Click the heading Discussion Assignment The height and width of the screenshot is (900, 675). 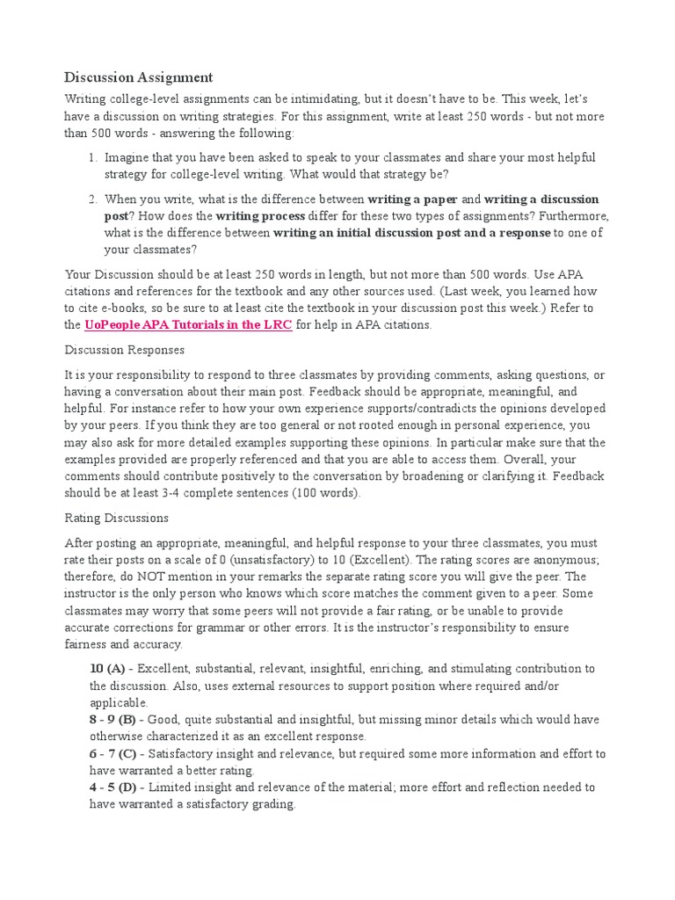(x=139, y=76)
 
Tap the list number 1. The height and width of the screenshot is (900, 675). (x=92, y=157)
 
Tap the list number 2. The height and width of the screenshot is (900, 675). (x=92, y=199)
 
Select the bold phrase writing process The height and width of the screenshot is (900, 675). (x=260, y=215)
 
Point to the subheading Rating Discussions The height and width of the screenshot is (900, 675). (x=117, y=518)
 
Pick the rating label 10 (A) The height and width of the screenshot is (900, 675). (x=108, y=669)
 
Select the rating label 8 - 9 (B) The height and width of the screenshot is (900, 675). (x=112, y=719)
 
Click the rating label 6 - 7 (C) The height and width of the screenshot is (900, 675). (x=113, y=753)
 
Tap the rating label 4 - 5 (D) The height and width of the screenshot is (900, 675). (x=113, y=787)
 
